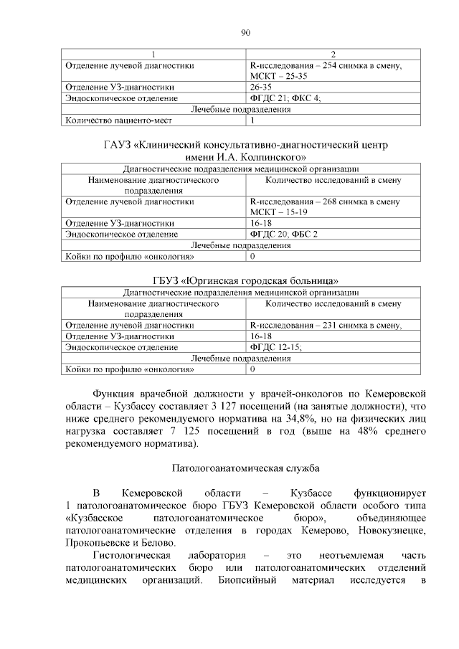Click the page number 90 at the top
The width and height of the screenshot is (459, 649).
(245, 32)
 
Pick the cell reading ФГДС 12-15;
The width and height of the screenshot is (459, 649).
(275, 347)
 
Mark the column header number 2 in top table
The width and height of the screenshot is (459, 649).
(333, 55)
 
